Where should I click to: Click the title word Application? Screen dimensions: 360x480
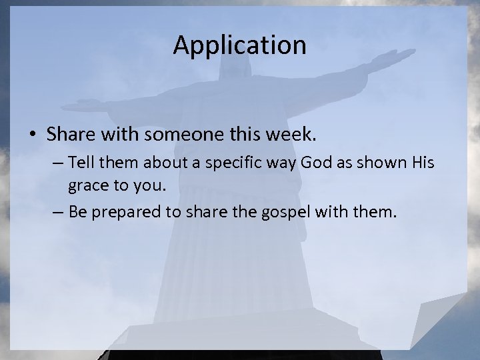click(x=239, y=45)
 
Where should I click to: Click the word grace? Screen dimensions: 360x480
click(x=86, y=188)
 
